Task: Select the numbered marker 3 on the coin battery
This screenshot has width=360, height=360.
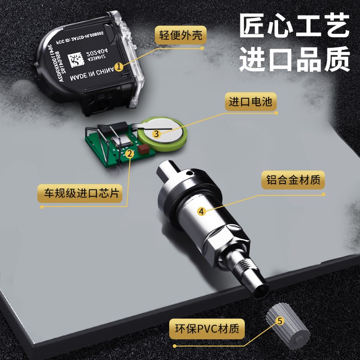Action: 156,133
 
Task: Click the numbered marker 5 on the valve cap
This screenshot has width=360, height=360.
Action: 279,321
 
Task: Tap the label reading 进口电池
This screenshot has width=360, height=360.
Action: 250,102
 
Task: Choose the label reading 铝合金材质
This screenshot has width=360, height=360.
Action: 293,181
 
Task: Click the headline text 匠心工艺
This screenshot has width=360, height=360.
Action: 294,27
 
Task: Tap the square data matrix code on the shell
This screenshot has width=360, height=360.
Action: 76,59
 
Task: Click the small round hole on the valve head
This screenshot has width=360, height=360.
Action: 189,172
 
